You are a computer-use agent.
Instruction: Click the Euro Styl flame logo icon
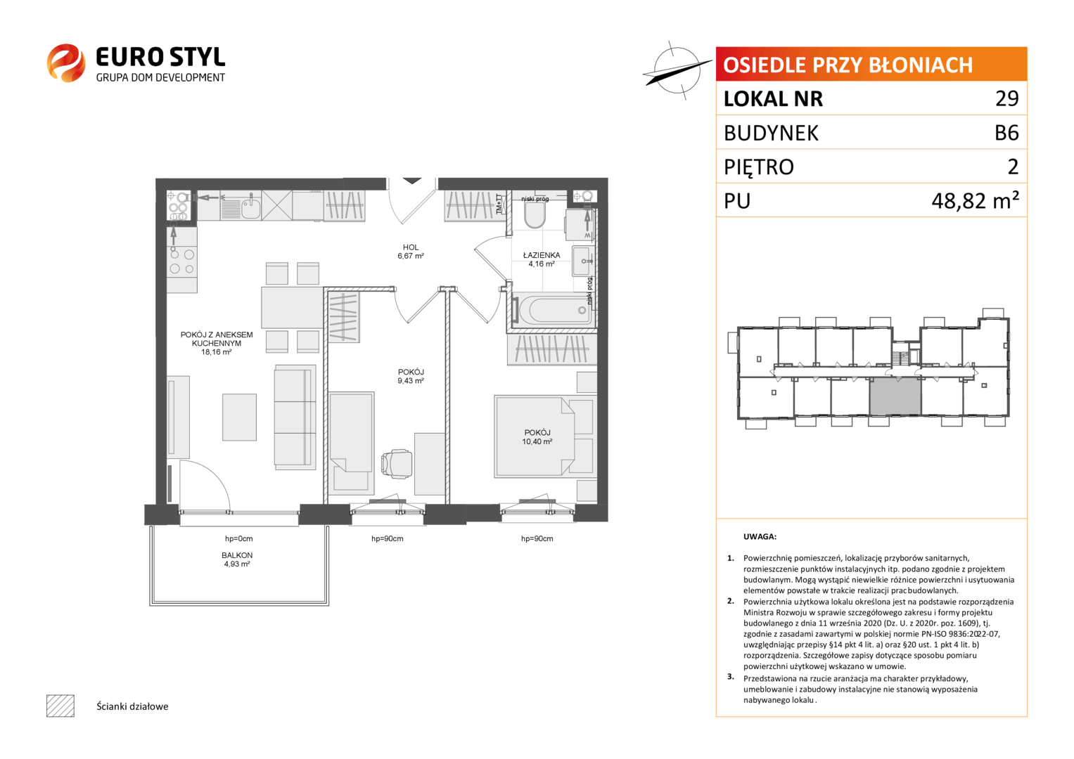pos(66,63)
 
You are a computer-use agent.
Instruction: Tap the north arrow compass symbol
pos(677,70)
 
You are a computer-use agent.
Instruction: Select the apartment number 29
pos(1006,98)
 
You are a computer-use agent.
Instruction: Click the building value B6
pos(1006,132)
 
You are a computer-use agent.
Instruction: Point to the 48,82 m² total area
pos(975,200)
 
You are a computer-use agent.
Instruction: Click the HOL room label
pos(411,247)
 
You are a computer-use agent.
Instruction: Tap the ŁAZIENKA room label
pos(542,255)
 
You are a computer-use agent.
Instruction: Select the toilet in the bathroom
pos(535,214)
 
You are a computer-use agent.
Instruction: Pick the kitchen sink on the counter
pos(250,207)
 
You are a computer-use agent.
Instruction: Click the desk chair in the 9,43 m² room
pos(396,464)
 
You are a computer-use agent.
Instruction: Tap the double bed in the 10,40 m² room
pos(535,436)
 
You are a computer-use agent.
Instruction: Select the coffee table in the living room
pos(239,417)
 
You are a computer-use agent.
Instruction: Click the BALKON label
pos(237,555)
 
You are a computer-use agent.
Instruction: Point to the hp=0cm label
pos(238,538)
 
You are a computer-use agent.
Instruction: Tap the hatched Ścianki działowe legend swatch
pos(60,706)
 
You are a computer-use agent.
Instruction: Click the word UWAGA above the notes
pos(760,537)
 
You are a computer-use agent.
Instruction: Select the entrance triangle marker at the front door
pos(412,181)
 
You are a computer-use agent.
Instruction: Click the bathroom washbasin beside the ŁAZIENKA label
pos(582,261)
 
